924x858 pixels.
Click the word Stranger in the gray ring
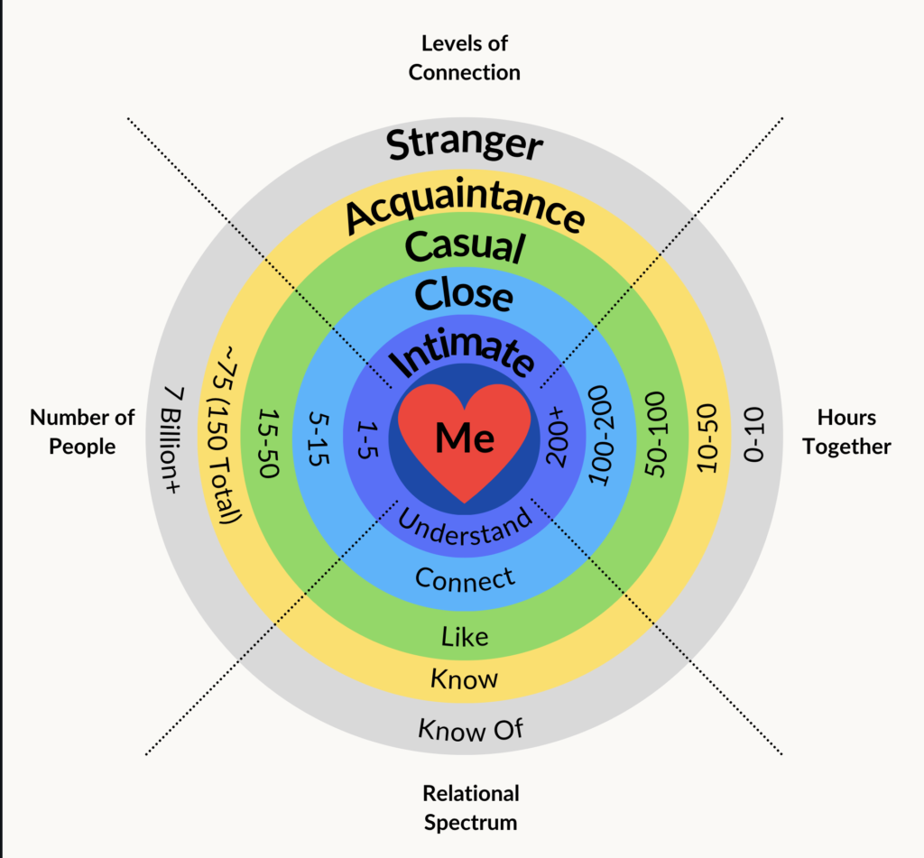tap(465, 143)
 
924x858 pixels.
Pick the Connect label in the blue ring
tap(465, 578)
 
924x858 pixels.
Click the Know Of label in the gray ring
tap(470, 728)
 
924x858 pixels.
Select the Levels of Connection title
tap(464, 57)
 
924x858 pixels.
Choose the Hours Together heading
tap(846, 431)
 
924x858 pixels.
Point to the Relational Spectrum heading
tap(471, 807)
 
